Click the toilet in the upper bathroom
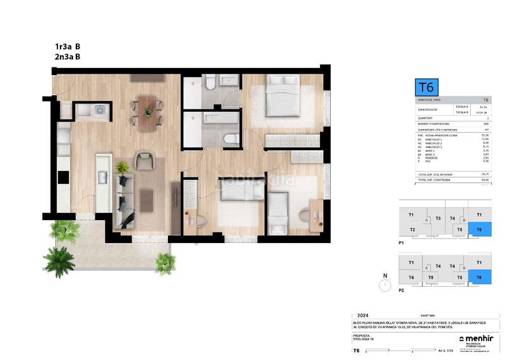point(211,83)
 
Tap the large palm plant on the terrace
point(62,259)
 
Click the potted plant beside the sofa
point(122,168)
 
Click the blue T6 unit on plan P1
point(479,230)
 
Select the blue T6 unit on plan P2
point(479,277)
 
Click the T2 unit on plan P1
point(412,230)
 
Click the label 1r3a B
point(67,46)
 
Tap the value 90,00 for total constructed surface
point(485,180)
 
